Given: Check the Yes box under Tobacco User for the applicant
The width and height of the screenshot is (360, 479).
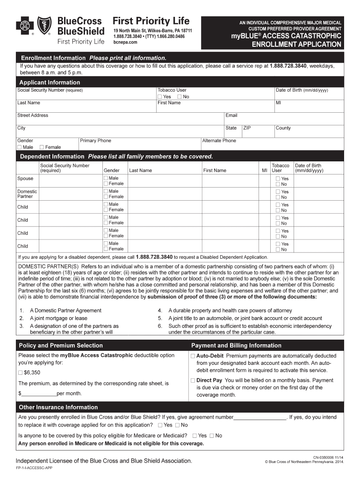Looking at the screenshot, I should point(160,97).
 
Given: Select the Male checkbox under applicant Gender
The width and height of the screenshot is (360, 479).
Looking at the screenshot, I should point(20,147).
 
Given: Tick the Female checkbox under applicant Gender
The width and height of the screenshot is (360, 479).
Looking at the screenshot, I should point(42,147).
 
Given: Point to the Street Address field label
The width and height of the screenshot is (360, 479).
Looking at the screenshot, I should point(33,116).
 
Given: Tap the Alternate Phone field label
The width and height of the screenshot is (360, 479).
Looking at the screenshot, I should point(219,141).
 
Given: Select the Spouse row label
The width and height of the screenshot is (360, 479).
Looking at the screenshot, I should point(25,179).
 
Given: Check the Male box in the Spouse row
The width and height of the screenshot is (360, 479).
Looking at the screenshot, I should point(106,178).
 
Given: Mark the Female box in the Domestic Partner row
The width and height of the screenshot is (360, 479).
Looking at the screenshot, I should point(106,197).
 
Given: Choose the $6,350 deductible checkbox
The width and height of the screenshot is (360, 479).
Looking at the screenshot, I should point(20,373).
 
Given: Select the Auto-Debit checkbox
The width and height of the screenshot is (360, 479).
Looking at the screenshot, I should point(193,356).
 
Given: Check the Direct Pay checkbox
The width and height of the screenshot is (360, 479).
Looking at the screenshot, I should point(193,381).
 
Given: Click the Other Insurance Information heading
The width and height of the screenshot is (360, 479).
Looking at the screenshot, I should point(58,407).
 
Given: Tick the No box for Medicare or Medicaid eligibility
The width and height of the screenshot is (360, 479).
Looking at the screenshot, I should point(212,436).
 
